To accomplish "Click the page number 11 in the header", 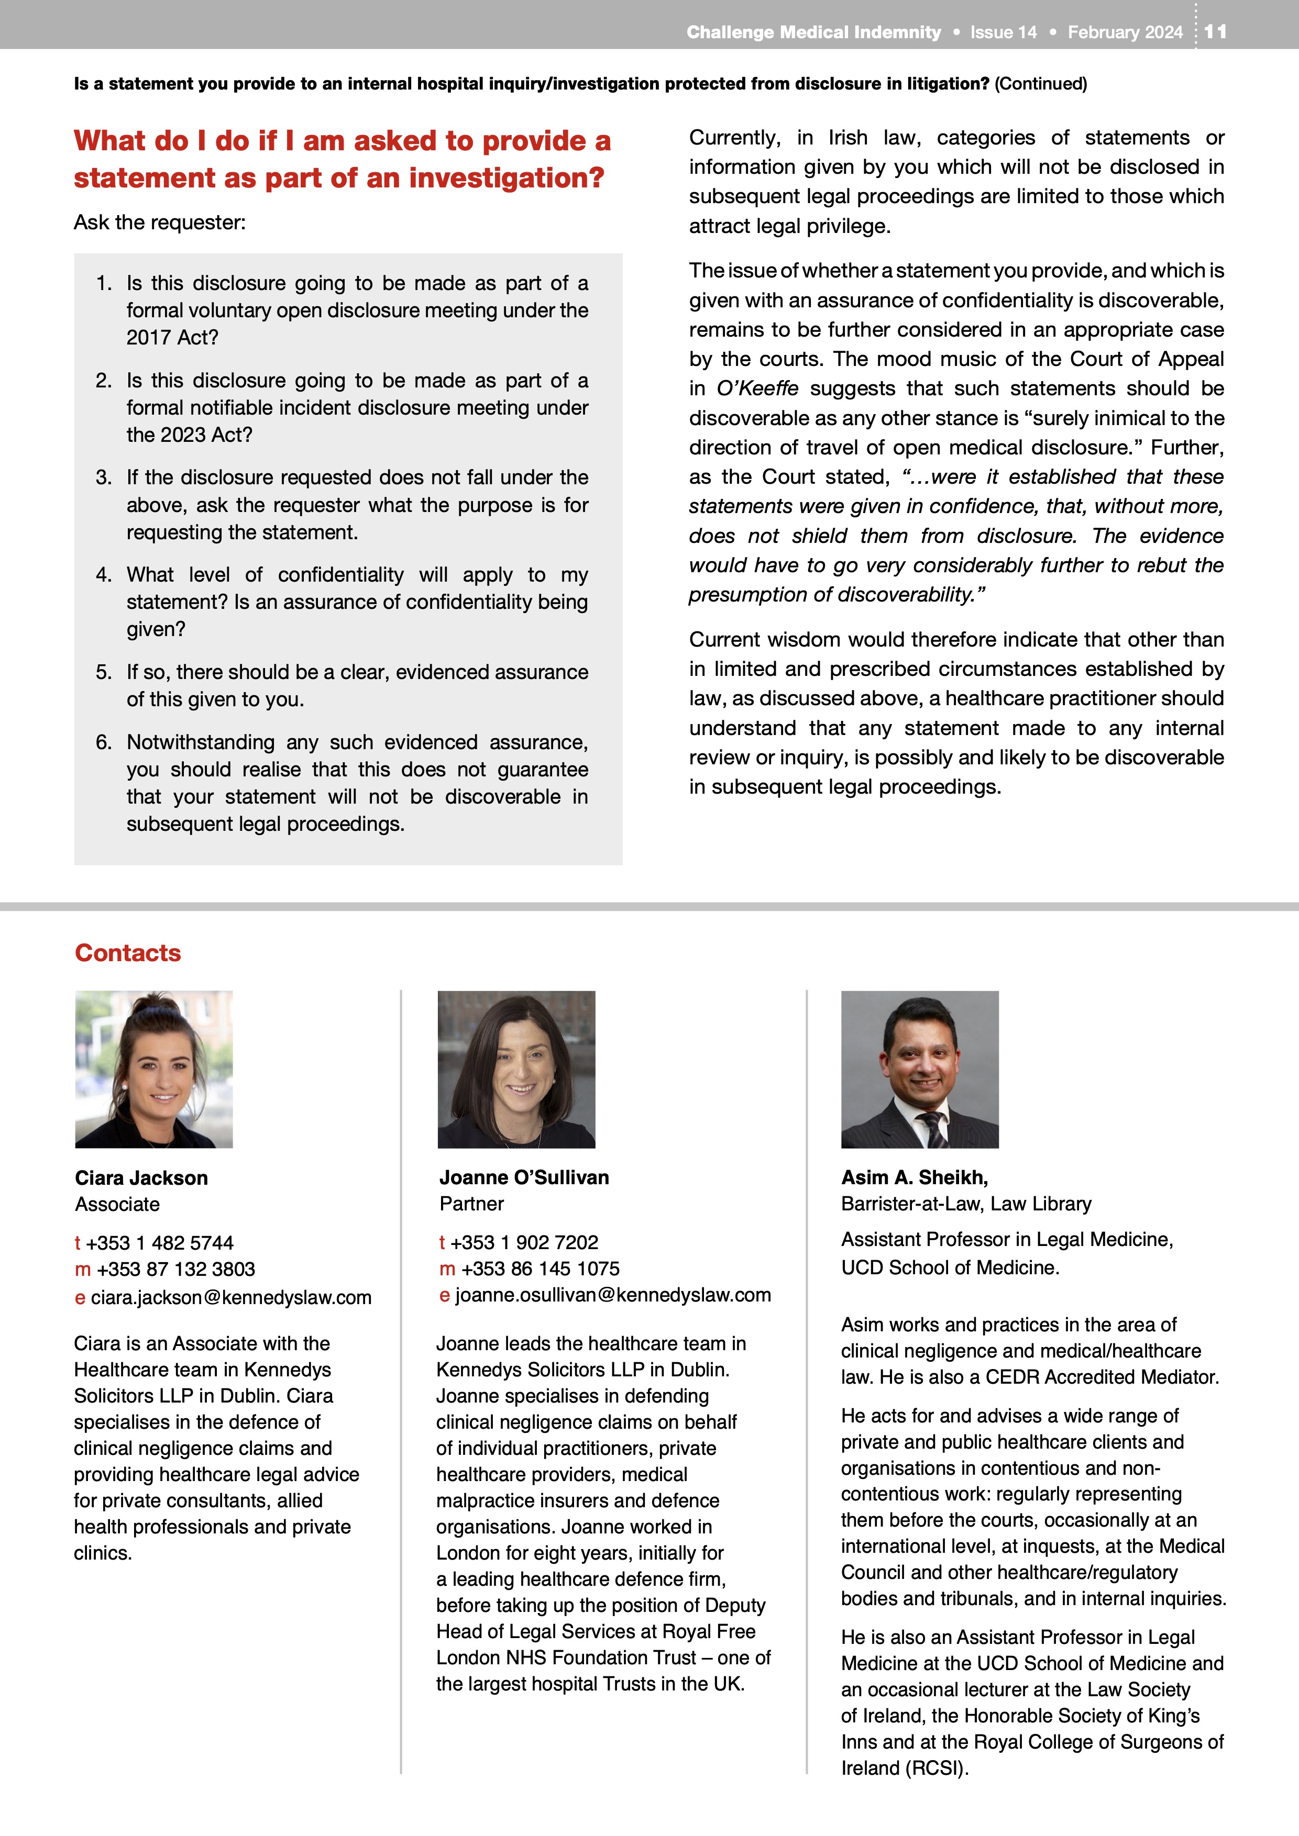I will pos(1215,31).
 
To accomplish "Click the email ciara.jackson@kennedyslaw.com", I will pos(230,1297).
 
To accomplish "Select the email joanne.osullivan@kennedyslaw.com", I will pos(613,1295).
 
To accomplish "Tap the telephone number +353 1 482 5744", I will pos(159,1243).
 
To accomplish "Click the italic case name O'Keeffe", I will pos(757,388).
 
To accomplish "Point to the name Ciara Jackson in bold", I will pos(141,1178).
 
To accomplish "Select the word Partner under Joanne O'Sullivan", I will pos(472,1204).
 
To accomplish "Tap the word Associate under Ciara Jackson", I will pos(117,1204).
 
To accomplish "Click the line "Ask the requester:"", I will pos(160,222).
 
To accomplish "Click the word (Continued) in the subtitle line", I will pos(1041,84).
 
